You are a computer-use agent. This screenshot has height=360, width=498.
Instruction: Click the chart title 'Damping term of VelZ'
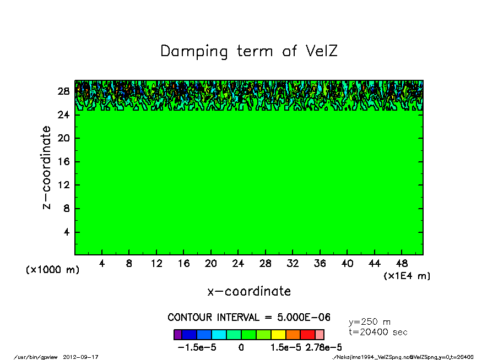point(248,51)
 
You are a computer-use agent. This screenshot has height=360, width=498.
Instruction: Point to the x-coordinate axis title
point(249,291)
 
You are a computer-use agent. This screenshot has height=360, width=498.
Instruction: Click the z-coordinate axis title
point(47,167)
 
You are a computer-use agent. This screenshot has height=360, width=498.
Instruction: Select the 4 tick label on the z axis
point(67,232)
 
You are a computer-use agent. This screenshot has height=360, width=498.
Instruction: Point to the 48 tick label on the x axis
point(402,264)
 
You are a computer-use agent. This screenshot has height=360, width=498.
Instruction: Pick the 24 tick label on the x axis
point(238,264)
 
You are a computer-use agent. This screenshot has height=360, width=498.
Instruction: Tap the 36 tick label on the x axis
point(320,264)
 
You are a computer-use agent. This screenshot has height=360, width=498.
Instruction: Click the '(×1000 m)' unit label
point(52,270)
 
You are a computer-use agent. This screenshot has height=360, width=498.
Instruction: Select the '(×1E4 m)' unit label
point(407,276)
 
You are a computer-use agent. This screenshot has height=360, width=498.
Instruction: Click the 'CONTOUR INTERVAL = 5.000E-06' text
point(249,318)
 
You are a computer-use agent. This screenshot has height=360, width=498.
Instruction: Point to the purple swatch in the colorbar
point(177,335)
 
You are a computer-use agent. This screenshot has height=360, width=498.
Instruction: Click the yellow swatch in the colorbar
point(278,335)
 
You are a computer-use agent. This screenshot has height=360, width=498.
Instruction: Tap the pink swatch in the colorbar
point(320,335)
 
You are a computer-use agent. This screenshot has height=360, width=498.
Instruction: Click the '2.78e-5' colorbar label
point(323,348)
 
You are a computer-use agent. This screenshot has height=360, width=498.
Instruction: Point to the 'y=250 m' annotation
point(370,322)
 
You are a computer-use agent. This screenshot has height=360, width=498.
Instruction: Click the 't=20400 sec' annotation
point(378,332)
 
